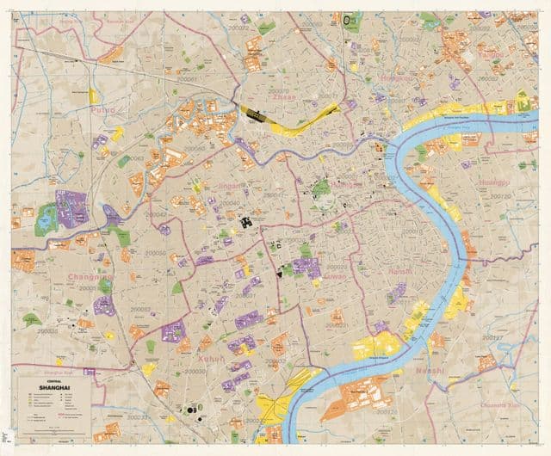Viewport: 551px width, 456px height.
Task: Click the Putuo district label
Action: click(102, 111)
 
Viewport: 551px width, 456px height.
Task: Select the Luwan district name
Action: click(333, 279)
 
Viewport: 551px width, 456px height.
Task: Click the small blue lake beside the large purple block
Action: click(44, 222)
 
